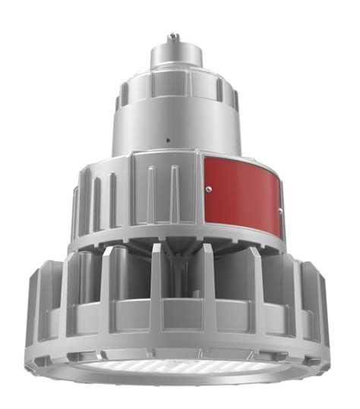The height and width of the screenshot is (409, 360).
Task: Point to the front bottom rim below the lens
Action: [178, 383]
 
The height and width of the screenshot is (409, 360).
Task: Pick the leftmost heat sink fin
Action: [36, 304]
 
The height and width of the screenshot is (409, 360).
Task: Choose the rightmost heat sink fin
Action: [323, 304]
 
